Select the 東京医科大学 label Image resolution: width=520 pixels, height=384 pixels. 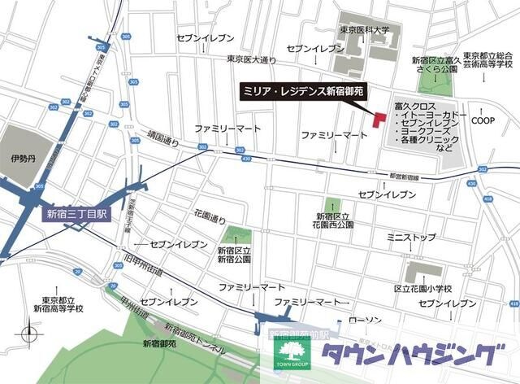(365, 30)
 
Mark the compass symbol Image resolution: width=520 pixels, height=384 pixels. (31, 334)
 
